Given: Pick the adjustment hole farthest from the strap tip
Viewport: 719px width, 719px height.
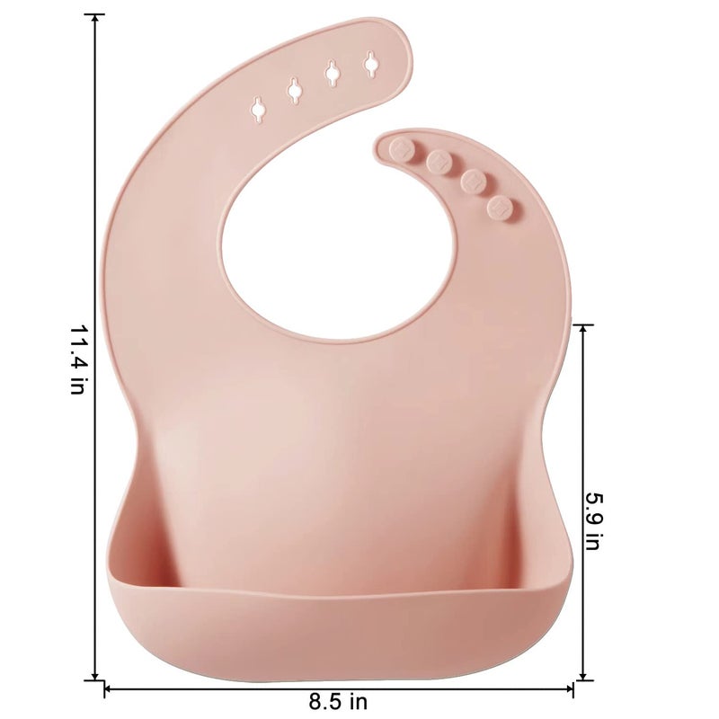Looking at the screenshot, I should tap(258, 107).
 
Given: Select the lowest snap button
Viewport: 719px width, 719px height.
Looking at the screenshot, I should tap(500, 208).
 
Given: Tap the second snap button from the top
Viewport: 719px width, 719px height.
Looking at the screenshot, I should tap(439, 162).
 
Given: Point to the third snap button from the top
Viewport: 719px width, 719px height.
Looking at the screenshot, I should tap(473, 182).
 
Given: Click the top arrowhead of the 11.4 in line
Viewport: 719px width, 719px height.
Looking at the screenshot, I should tap(95, 19).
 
